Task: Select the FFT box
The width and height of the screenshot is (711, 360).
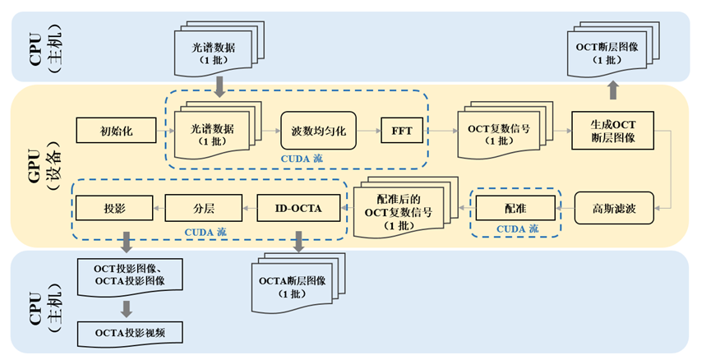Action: pyautogui.click(x=401, y=130)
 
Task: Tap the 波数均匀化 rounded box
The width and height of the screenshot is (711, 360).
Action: pyautogui.click(x=318, y=130)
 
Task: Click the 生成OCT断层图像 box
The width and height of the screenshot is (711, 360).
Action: pyautogui.click(x=612, y=130)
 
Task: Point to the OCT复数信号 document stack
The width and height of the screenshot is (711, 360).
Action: pyautogui.click(x=501, y=132)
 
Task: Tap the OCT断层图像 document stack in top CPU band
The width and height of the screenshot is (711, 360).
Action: pyautogui.click(x=609, y=48)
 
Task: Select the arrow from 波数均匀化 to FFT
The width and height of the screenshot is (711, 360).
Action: pyautogui.click(x=368, y=130)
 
